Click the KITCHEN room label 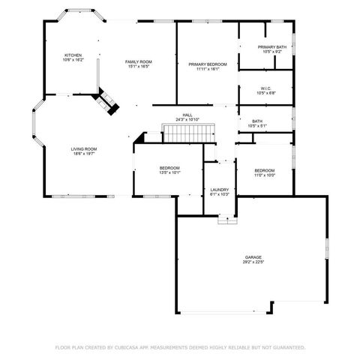pos(73,55)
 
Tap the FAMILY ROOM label pos(139,61)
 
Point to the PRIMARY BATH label pos(271,47)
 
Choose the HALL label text pos(187,115)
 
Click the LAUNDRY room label pos(219,190)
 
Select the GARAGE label pos(252,257)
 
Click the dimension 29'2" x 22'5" pos(252,262)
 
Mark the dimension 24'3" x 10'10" pos(187,120)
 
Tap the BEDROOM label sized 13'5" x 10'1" pos(169,167)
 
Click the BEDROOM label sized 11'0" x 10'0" pos(265,170)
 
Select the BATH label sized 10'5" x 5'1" pos(257,121)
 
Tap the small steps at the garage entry pos(226,220)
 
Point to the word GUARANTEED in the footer pos(285,347)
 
